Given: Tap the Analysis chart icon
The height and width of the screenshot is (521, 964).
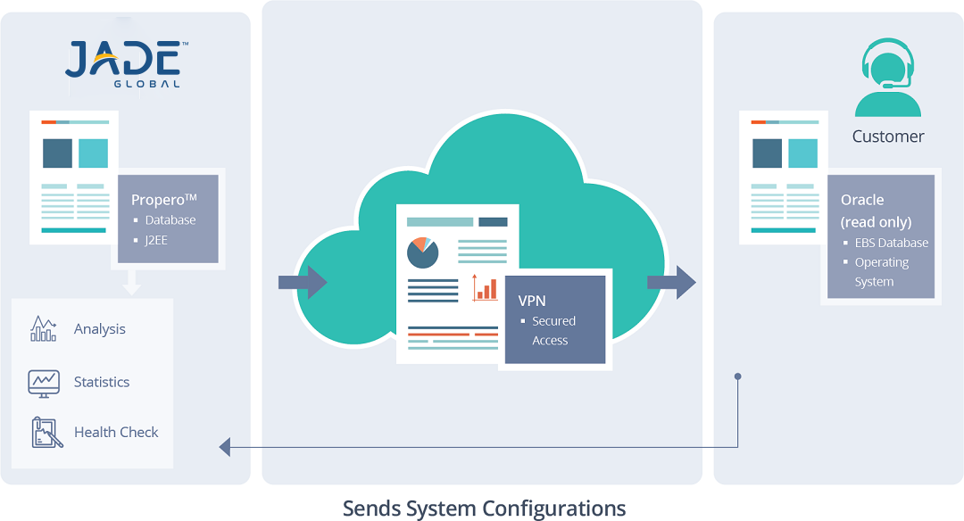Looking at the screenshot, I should (44, 328).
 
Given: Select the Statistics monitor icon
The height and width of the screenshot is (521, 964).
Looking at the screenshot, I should (44, 382).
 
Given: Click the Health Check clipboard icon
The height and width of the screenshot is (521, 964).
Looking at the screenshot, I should (44, 432).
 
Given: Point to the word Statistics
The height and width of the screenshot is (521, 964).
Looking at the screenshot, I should (102, 382).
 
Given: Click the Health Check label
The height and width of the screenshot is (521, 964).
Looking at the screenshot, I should (116, 432).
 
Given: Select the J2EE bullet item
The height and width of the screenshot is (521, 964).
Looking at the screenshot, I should (156, 239).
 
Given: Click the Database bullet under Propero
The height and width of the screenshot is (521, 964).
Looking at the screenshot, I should (170, 219).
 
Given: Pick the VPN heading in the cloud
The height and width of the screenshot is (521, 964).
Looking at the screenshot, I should (532, 301).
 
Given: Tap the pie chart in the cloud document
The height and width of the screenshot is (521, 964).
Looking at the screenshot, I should (422, 252).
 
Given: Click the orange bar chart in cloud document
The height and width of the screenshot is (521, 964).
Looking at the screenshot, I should (486, 287).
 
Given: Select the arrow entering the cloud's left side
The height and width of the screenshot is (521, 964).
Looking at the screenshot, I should (303, 283).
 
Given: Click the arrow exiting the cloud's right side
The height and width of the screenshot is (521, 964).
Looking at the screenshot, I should (671, 282).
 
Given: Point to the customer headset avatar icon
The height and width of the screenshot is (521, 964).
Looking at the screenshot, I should (887, 78).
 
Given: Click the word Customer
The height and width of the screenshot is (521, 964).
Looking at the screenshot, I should (888, 136).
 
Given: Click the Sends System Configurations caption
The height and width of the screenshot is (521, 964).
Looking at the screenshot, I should (484, 509).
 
